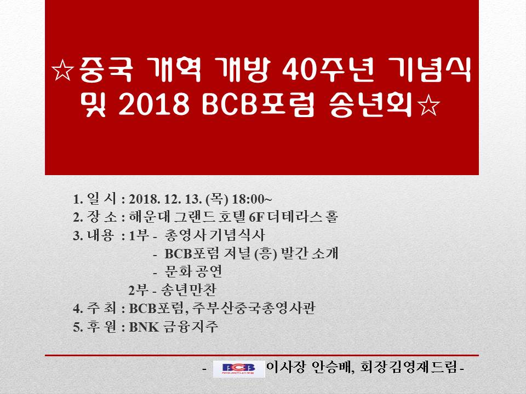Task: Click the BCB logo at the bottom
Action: coord(238,369)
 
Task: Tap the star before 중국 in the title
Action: coord(63,71)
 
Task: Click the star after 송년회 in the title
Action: coord(428,106)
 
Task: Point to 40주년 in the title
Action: coord(328,71)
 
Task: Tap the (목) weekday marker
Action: coord(217,199)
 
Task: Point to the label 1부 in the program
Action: coord(139,235)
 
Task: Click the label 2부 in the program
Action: coord(139,290)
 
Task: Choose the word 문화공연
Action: coord(193,271)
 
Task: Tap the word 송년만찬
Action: coord(188,290)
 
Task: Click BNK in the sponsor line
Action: coord(144,327)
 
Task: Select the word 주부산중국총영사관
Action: coord(254,308)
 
